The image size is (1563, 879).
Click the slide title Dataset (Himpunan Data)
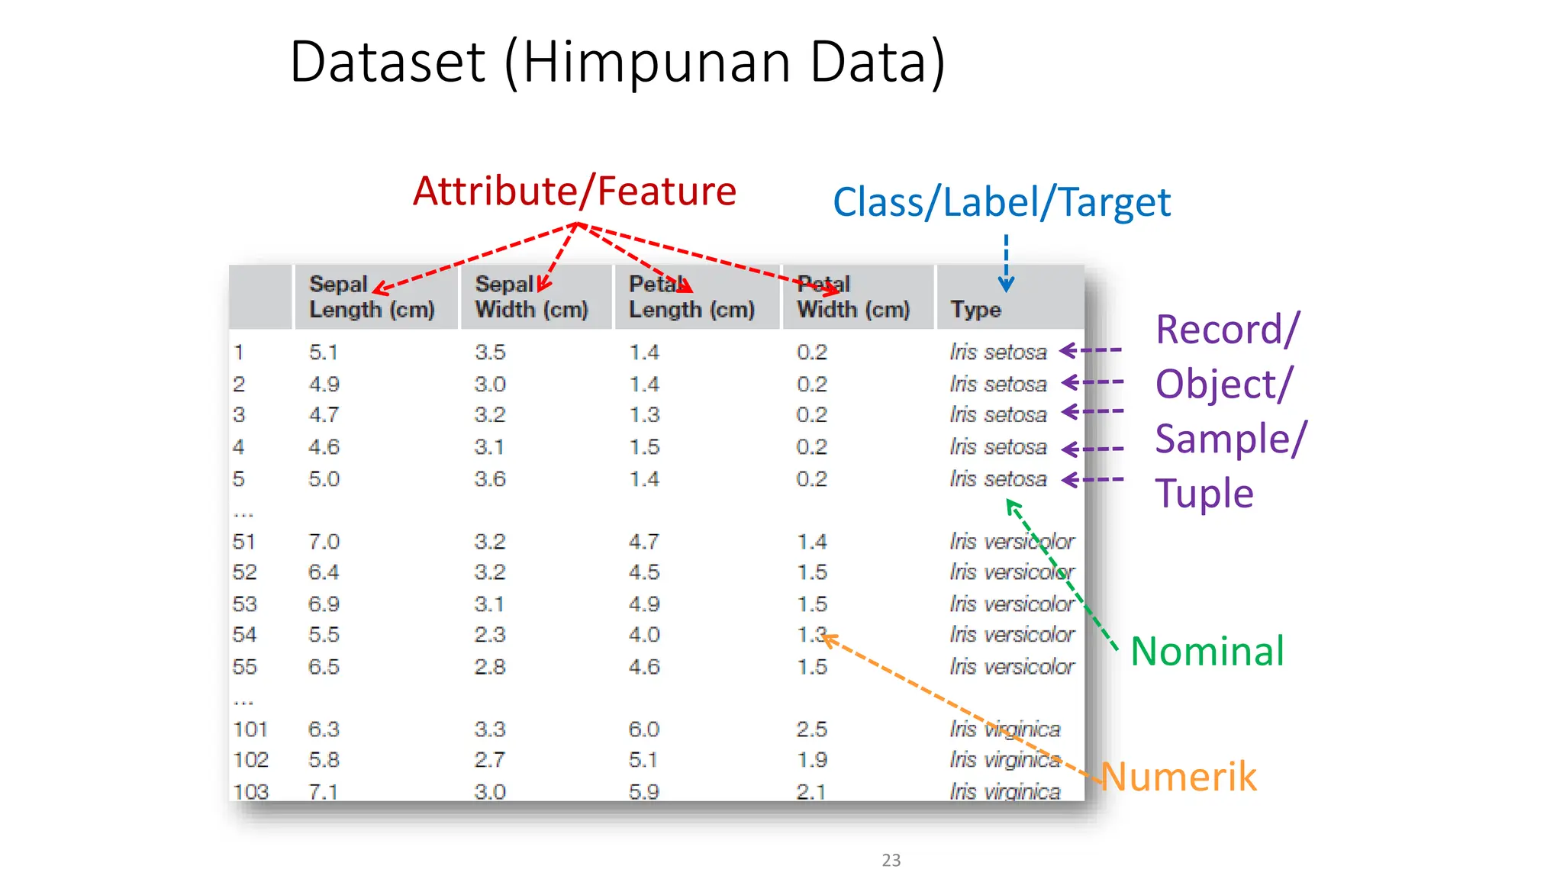[x=617, y=63]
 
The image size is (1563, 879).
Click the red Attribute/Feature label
[x=574, y=191]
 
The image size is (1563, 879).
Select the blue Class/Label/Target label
[x=1001, y=203]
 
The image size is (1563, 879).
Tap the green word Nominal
[x=1207, y=652]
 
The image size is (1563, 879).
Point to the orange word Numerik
[x=1179, y=777]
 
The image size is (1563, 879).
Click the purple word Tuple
[x=1204, y=494]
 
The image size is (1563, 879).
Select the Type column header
[x=975, y=309]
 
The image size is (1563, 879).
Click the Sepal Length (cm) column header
[x=372, y=297]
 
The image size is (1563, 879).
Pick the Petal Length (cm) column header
[x=691, y=297]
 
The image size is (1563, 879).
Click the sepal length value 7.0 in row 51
[x=324, y=542]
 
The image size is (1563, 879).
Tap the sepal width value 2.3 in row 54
[x=489, y=635]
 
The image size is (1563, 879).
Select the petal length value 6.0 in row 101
[x=643, y=729]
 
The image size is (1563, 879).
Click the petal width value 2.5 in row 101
[x=811, y=729]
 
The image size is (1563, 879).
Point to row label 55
[x=244, y=667]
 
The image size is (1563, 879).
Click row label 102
[x=250, y=760]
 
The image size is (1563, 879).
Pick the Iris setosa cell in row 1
[x=997, y=353]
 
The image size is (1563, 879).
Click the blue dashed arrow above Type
[x=1006, y=263]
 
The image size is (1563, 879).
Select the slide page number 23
[x=891, y=860]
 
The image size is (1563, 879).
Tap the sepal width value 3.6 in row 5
[x=489, y=479]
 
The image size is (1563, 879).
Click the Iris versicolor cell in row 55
[x=1011, y=667]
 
